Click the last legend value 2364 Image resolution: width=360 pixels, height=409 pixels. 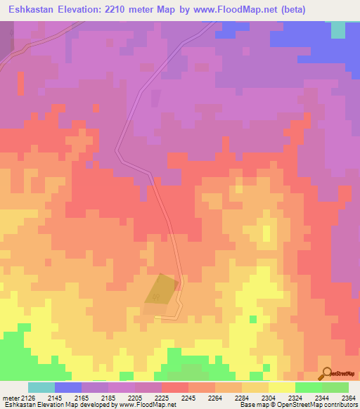pyautogui.click(x=347, y=398)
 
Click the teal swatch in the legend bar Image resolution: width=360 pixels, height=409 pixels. pyautogui.click(x=41, y=387)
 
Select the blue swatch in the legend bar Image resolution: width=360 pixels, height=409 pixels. pyautogui.click(x=67, y=387)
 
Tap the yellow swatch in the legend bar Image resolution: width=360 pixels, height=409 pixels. pyautogui.click(x=281, y=387)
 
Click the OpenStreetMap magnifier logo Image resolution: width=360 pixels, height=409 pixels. pyautogui.click(x=326, y=373)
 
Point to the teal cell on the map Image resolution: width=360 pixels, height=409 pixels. pyautogui.click(x=338, y=30)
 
